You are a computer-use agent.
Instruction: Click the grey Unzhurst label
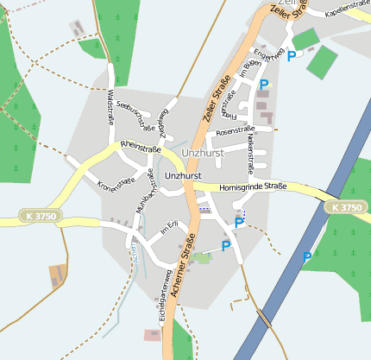coord(203,153)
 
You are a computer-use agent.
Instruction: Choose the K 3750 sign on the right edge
coord(347,208)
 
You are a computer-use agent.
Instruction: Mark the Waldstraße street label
coord(110,111)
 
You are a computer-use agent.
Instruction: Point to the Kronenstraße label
coord(116,181)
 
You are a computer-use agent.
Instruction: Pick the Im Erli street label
coord(168,228)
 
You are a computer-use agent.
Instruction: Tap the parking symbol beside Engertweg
coord(292,56)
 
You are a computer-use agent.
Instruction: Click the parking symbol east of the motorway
coord(306,256)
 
